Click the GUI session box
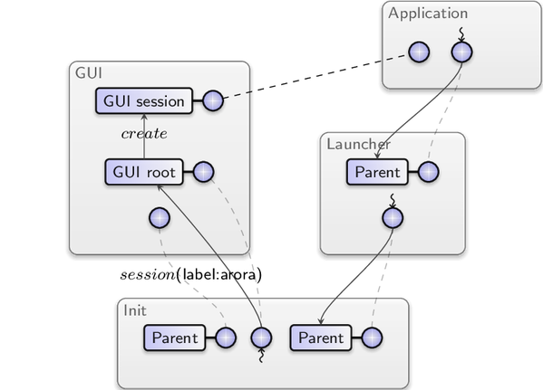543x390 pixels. point(144,101)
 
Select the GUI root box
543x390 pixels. point(144,172)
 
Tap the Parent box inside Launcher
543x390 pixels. point(377,172)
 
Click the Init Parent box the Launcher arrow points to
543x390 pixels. point(321,338)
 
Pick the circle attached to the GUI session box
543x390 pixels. point(213,101)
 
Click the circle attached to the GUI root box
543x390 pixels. point(203,172)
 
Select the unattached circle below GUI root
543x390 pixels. point(160,218)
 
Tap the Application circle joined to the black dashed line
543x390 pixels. point(419,52)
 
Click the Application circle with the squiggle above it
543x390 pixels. point(462,52)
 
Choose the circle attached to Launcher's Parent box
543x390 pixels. point(429,172)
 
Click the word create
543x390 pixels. point(144,133)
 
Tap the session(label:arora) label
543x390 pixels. point(190,275)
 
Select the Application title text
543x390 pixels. point(428,14)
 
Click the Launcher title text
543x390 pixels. point(358,144)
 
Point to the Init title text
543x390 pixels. point(135,310)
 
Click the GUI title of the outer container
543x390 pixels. point(89,73)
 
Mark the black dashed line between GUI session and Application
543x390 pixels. point(315,77)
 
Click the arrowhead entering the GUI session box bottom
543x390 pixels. point(144,117)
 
